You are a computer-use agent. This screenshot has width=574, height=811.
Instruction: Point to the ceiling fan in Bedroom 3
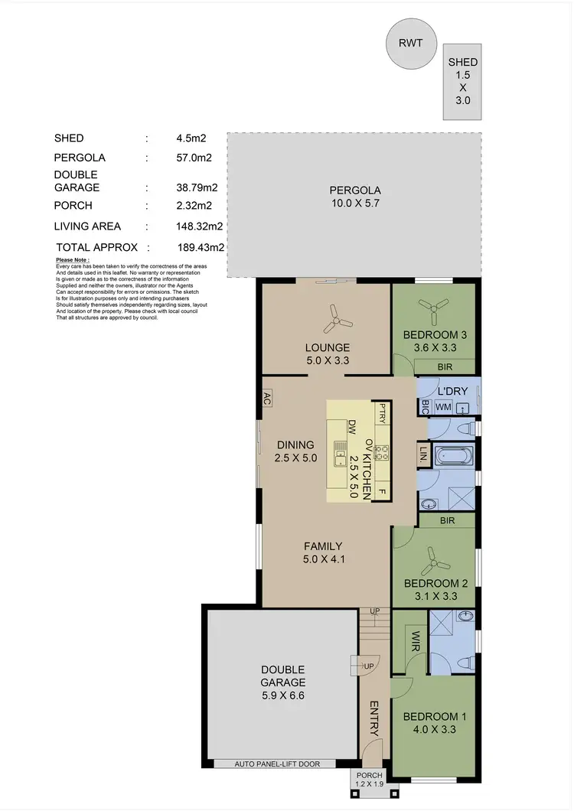(x=434, y=307)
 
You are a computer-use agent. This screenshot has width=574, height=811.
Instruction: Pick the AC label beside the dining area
(x=267, y=397)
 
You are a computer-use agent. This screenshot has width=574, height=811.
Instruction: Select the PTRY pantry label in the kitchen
(x=380, y=413)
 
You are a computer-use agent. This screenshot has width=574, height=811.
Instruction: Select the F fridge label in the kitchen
(x=380, y=490)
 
